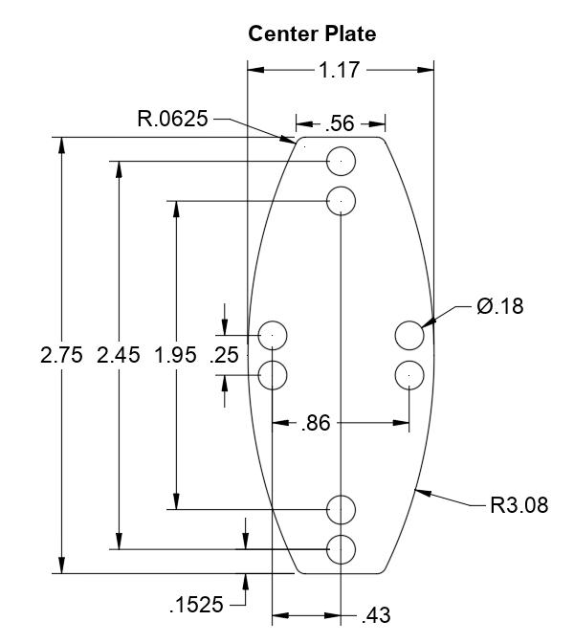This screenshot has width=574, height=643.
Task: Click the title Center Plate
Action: (x=312, y=33)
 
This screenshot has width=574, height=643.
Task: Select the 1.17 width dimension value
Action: (x=340, y=69)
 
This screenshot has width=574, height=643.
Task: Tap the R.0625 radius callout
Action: (x=172, y=120)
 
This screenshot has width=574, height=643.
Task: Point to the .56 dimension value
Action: (x=340, y=123)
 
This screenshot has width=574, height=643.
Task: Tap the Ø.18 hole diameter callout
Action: (x=499, y=306)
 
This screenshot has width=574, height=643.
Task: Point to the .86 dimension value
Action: (x=316, y=422)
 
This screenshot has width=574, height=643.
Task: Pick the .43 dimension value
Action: (x=375, y=615)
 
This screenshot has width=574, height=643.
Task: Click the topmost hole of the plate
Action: (x=342, y=162)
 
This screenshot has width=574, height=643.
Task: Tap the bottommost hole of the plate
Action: (x=342, y=549)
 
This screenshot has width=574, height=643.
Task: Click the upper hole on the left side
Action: (x=273, y=336)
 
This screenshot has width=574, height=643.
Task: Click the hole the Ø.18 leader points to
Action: (x=409, y=336)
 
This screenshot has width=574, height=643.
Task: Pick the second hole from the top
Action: (x=342, y=201)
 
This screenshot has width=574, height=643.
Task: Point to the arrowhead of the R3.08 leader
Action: (x=417, y=491)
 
